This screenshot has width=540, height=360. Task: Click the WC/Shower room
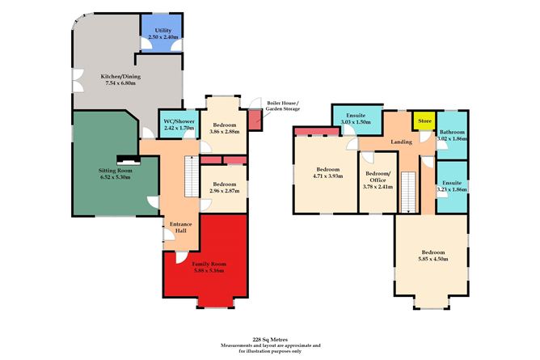(x=179, y=124)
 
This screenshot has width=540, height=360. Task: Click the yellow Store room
(x=424, y=122)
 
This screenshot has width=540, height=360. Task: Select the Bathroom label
(x=452, y=132)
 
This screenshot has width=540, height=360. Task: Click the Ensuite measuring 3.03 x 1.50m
(x=356, y=120)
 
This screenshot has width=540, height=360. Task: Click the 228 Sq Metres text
(x=271, y=340)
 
